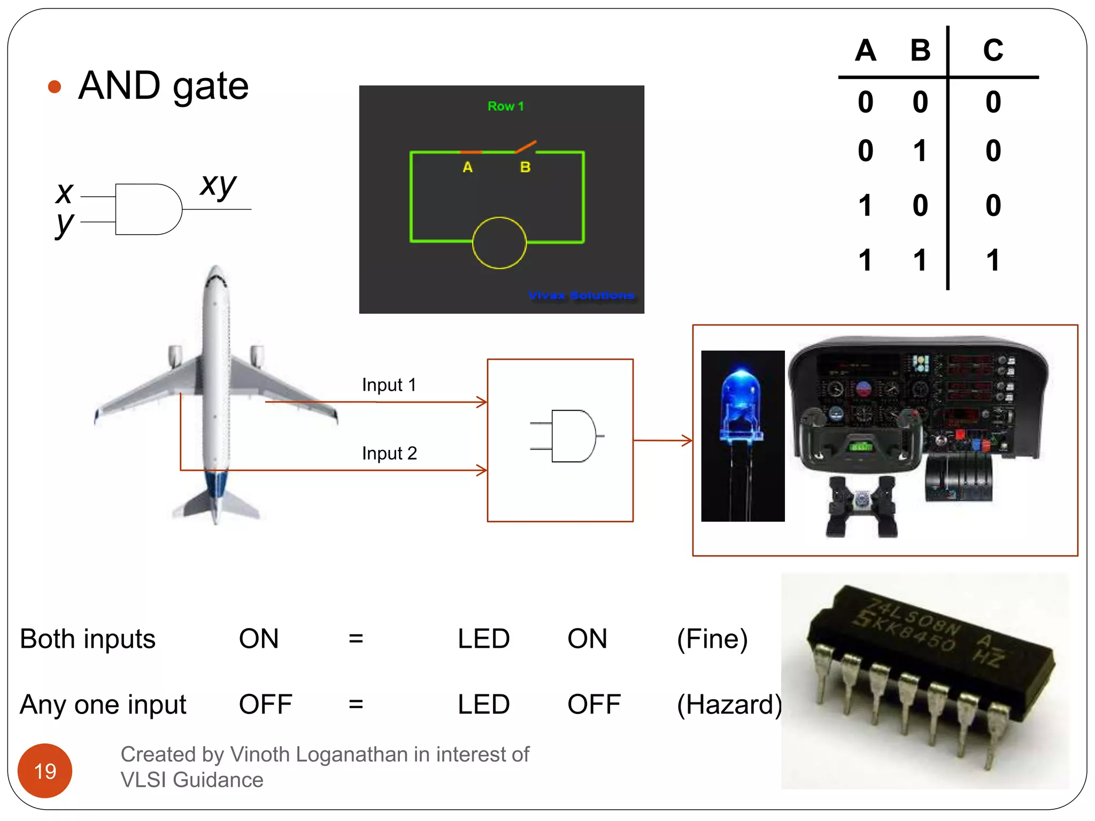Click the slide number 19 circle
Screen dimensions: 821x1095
click(45, 770)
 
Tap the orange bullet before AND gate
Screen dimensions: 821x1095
click(55, 87)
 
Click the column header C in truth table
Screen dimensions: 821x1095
click(993, 51)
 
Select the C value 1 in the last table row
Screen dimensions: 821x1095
click(993, 260)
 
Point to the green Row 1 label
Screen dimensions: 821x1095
click(505, 106)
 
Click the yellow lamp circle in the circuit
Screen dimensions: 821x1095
click(499, 243)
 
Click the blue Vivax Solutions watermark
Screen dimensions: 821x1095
click(581, 295)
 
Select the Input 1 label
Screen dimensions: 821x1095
click(389, 385)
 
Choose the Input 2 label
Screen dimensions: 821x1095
click(389, 453)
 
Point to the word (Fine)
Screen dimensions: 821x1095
click(712, 639)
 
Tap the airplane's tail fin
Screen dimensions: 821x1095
click(217, 502)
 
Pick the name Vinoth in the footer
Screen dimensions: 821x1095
click(260, 754)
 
